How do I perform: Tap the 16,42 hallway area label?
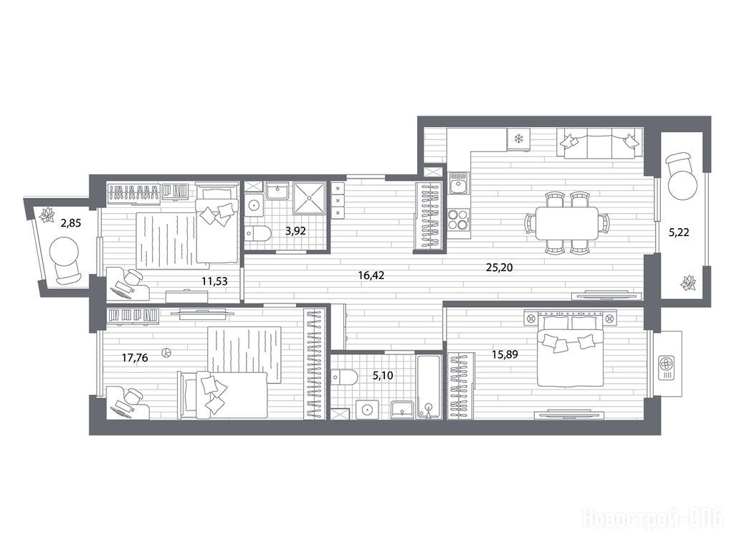pos(371,275)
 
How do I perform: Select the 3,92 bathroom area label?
pos(295,231)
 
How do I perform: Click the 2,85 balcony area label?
pos(71,223)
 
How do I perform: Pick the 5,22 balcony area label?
pos(679,232)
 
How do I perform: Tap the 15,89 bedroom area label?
pos(505,354)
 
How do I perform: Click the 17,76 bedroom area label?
pos(135,359)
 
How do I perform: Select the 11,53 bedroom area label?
pos(214,281)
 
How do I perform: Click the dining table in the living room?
pos(567,222)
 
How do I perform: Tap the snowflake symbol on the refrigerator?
pos(518,138)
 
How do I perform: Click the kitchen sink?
pos(458,184)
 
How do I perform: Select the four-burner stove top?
pos(458,219)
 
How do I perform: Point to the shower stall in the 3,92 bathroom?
pos(309,198)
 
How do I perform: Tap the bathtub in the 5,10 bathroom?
pos(429,386)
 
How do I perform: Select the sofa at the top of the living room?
pos(600,143)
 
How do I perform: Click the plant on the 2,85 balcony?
pos(47,215)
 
